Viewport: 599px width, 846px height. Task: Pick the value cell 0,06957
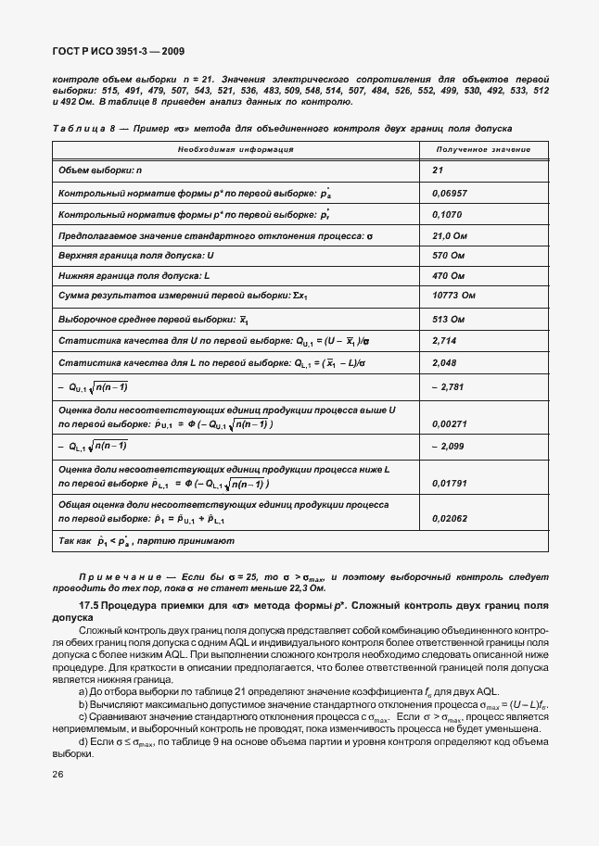pos(450,193)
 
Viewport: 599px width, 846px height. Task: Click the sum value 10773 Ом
pos(453,297)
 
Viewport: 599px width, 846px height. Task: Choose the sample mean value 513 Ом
pos(449,319)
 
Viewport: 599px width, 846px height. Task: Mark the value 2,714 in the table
pos(445,341)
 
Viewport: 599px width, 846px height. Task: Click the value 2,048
pos(445,363)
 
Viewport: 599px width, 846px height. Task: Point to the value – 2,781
pos(448,386)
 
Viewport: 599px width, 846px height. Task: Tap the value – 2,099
pos(448,447)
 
